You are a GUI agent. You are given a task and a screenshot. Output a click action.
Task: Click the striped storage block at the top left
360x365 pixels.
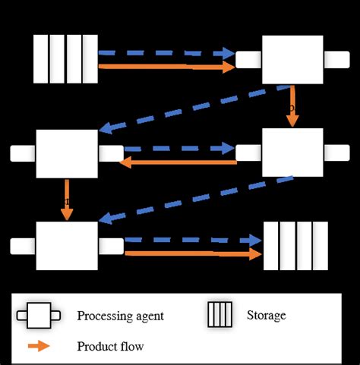click(x=66, y=58)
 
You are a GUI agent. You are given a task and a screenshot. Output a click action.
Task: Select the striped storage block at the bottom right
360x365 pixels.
click(x=295, y=246)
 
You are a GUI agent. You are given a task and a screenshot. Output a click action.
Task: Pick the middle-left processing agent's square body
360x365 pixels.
click(x=67, y=153)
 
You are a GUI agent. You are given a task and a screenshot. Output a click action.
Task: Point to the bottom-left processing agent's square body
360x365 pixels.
click(x=67, y=246)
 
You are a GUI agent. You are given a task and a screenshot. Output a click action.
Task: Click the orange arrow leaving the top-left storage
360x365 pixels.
click(x=166, y=68)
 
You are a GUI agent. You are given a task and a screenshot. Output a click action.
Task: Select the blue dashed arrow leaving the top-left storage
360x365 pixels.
click(x=166, y=53)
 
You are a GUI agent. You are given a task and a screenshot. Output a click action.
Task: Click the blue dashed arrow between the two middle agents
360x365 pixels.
click(x=181, y=148)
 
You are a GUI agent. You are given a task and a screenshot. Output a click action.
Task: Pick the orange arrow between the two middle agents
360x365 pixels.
click(x=181, y=162)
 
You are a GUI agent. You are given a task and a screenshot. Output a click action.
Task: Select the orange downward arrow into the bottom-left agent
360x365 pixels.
click(x=67, y=200)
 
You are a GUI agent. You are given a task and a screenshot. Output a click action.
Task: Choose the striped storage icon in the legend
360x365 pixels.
click(x=219, y=315)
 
